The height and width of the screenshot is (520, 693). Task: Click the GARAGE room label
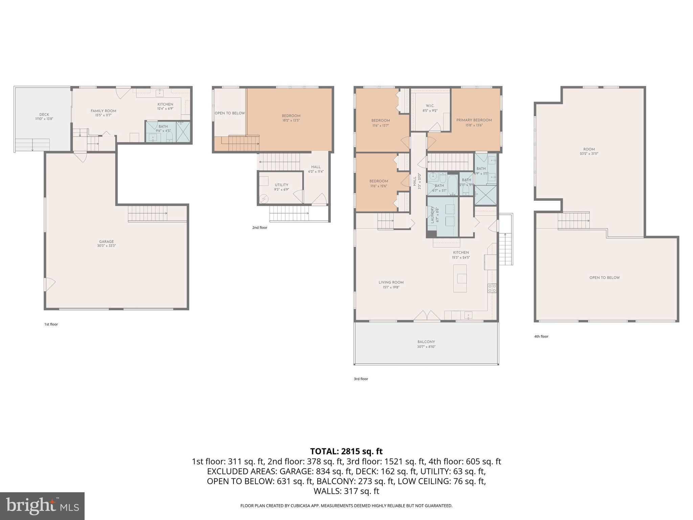[x=106, y=242]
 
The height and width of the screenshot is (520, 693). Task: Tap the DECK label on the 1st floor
[x=44, y=114]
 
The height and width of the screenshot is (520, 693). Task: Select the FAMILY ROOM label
[x=103, y=111]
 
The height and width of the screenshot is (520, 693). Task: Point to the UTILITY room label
[x=281, y=185]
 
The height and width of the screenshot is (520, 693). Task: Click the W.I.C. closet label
[x=430, y=106]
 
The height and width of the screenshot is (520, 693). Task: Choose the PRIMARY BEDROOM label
[x=474, y=120]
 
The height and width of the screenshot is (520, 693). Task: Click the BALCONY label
[x=426, y=342]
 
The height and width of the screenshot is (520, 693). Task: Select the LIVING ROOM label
[x=391, y=282]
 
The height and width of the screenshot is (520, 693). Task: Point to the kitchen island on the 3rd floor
[x=460, y=278]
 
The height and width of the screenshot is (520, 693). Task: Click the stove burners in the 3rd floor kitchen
[x=492, y=288]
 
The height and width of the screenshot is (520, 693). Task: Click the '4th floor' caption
[x=541, y=336]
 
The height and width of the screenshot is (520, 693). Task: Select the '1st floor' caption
[x=51, y=324]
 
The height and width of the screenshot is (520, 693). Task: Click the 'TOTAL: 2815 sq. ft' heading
[x=346, y=451]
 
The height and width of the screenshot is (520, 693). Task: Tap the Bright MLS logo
[x=42, y=506]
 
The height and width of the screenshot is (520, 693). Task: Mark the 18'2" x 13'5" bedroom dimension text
[x=291, y=120]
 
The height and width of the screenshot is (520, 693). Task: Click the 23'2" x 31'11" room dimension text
[x=589, y=154]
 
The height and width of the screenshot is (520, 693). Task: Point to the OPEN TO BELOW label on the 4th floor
[x=604, y=278]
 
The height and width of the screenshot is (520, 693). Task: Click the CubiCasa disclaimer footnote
[x=346, y=506]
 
